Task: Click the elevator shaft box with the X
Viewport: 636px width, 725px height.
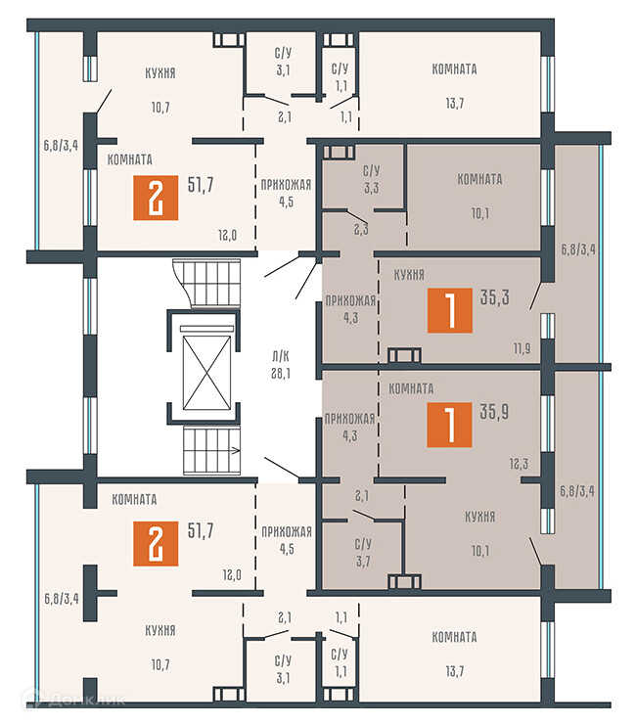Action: click(206, 373)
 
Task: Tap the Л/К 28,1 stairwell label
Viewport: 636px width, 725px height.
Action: click(281, 365)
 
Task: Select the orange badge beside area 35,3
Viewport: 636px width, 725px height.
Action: click(449, 310)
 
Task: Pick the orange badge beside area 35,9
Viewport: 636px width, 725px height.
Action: click(449, 425)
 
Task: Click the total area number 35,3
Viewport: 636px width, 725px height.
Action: click(494, 297)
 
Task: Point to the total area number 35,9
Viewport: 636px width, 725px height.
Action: click(494, 412)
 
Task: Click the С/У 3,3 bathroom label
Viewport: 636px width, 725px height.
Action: click(371, 179)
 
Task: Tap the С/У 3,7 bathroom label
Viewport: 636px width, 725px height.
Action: click(363, 553)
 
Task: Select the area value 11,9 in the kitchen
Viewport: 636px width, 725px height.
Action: click(522, 348)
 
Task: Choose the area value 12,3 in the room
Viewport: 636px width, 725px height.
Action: click(519, 464)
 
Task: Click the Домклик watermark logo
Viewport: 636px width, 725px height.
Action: click(74, 699)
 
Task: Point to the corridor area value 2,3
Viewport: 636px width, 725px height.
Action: click(361, 229)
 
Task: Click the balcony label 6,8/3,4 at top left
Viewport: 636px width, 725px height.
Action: click(61, 145)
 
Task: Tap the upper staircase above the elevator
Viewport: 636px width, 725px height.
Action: click(207, 283)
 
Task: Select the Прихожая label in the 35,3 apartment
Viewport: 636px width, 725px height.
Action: click(350, 301)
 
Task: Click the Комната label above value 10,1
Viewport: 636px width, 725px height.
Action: click(479, 179)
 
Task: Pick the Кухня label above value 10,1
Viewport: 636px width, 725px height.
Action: click(480, 517)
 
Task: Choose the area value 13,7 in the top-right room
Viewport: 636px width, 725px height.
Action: click(455, 104)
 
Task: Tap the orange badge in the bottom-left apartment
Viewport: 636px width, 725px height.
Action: click(156, 543)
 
